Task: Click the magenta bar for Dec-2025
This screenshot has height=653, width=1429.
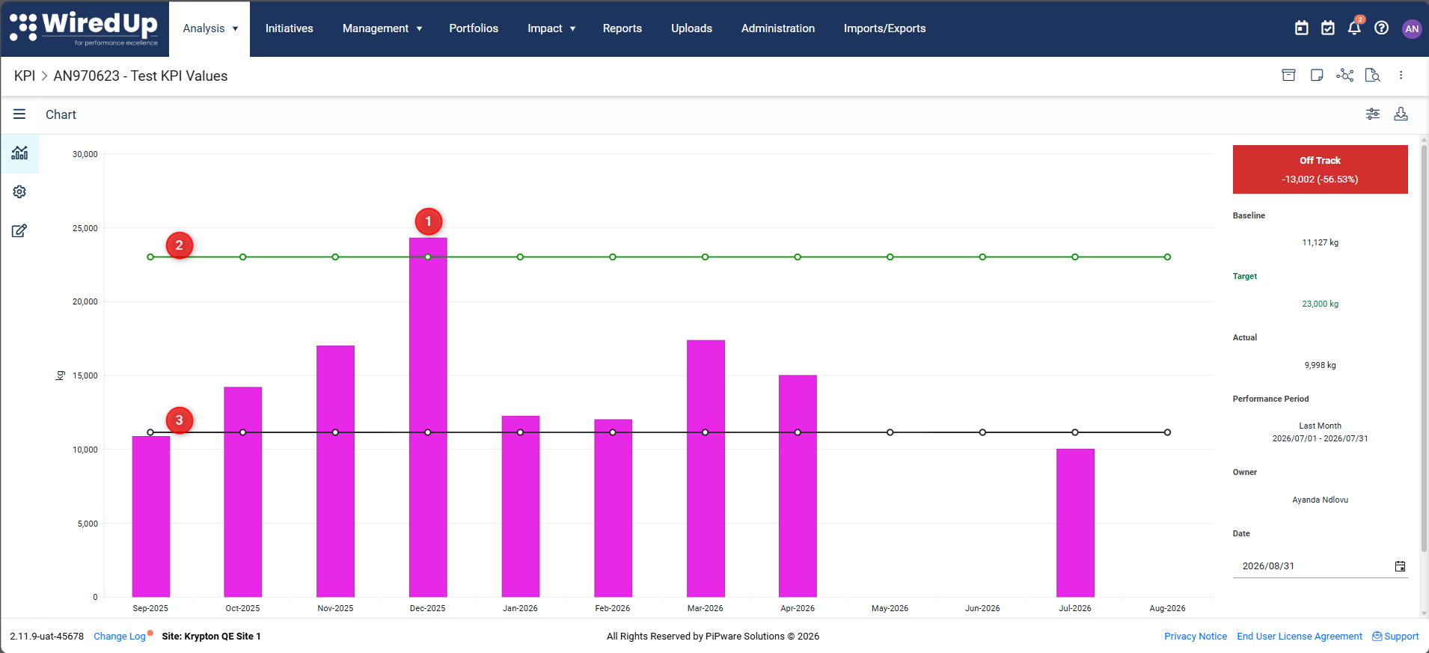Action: pyautogui.click(x=428, y=417)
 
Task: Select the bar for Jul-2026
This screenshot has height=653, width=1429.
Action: pyautogui.click(x=1075, y=523)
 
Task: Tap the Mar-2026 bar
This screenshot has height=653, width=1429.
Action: pyautogui.click(x=706, y=468)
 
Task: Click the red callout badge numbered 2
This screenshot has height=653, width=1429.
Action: pyautogui.click(x=180, y=245)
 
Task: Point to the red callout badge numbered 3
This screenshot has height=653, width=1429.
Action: pyautogui.click(x=180, y=420)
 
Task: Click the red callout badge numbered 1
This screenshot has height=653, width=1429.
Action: pyautogui.click(x=429, y=221)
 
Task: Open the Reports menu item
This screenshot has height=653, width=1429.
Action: pyautogui.click(x=622, y=28)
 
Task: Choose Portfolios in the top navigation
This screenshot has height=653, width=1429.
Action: pyautogui.click(x=474, y=28)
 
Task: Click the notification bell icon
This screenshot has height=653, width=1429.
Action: pyautogui.click(x=1354, y=28)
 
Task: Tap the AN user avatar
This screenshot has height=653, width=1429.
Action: pyautogui.click(x=1412, y=28)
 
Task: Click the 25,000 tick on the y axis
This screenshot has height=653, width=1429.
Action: pyautogui.click(x=85, y=228)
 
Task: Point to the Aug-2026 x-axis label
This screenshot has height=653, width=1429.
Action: pyautogui.click(x=1167, y=608)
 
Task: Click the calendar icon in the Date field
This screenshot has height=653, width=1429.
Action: pyautogui.click(x=1400, y=566)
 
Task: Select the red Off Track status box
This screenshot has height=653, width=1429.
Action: pyautogui.click(x=1320, y=169)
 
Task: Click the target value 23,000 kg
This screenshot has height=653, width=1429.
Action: pyautogui.click(x=1320, y=304)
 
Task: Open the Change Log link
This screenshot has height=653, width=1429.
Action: pyautogui.click(x=120, y=637)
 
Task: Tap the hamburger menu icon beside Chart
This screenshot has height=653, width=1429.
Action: pyautogui.click(x=19, y=114)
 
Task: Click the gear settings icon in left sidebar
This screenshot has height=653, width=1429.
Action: pyautogui.click(x=19, y=192)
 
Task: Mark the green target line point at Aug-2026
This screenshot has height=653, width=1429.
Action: pyautogui.click(x=1167, y=257)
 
